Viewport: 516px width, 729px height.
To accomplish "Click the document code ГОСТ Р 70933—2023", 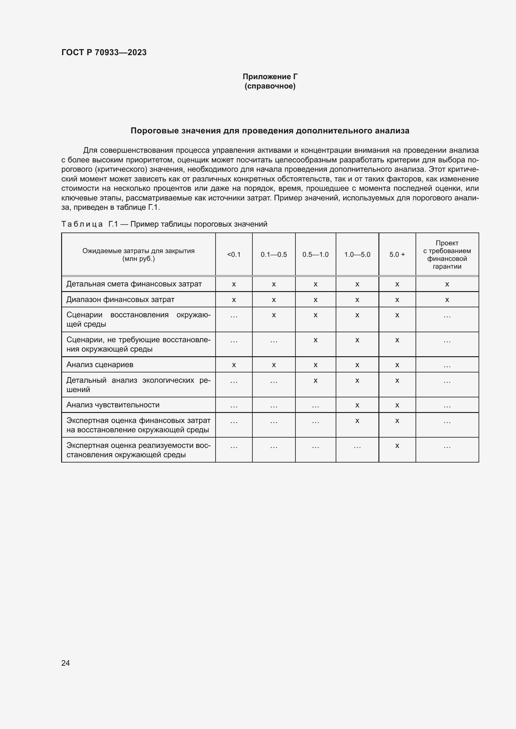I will point(104,52).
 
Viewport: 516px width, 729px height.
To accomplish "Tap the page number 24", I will point(66,663).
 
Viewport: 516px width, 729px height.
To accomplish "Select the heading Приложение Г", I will point(270,77).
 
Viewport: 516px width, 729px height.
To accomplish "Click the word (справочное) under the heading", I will point(270,86).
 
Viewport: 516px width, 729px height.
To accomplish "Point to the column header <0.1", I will point(234,255).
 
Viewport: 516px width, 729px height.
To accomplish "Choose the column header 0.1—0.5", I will point(274,255).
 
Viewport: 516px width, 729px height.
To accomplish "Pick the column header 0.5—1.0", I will point(315,255).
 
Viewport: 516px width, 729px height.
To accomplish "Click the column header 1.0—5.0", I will point(357,255).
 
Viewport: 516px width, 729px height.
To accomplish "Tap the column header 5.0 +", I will point(397,255).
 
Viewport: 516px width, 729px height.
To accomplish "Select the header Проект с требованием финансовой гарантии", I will point(447,255).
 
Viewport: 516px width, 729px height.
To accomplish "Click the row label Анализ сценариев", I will point(100,365).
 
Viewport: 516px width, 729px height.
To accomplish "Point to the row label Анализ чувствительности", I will point(113,405).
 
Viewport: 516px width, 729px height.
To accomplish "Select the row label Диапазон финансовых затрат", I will point(120,300).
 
